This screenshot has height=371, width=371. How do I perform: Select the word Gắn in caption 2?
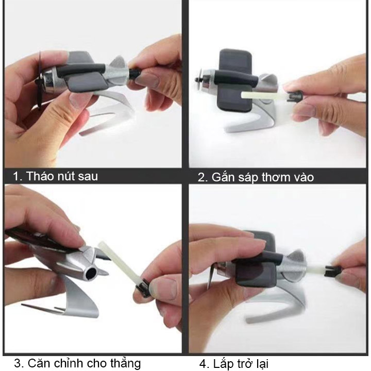click(x=223, y=177)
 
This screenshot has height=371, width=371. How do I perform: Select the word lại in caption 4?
click(x=261, y=364)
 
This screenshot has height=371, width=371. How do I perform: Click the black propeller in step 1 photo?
click(x=39, y=80)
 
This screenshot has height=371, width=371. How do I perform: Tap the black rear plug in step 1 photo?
click(x=136, y=73)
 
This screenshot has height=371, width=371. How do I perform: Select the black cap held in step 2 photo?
click(x=295, y=96)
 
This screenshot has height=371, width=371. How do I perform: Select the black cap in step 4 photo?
click(x=333, y=271)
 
